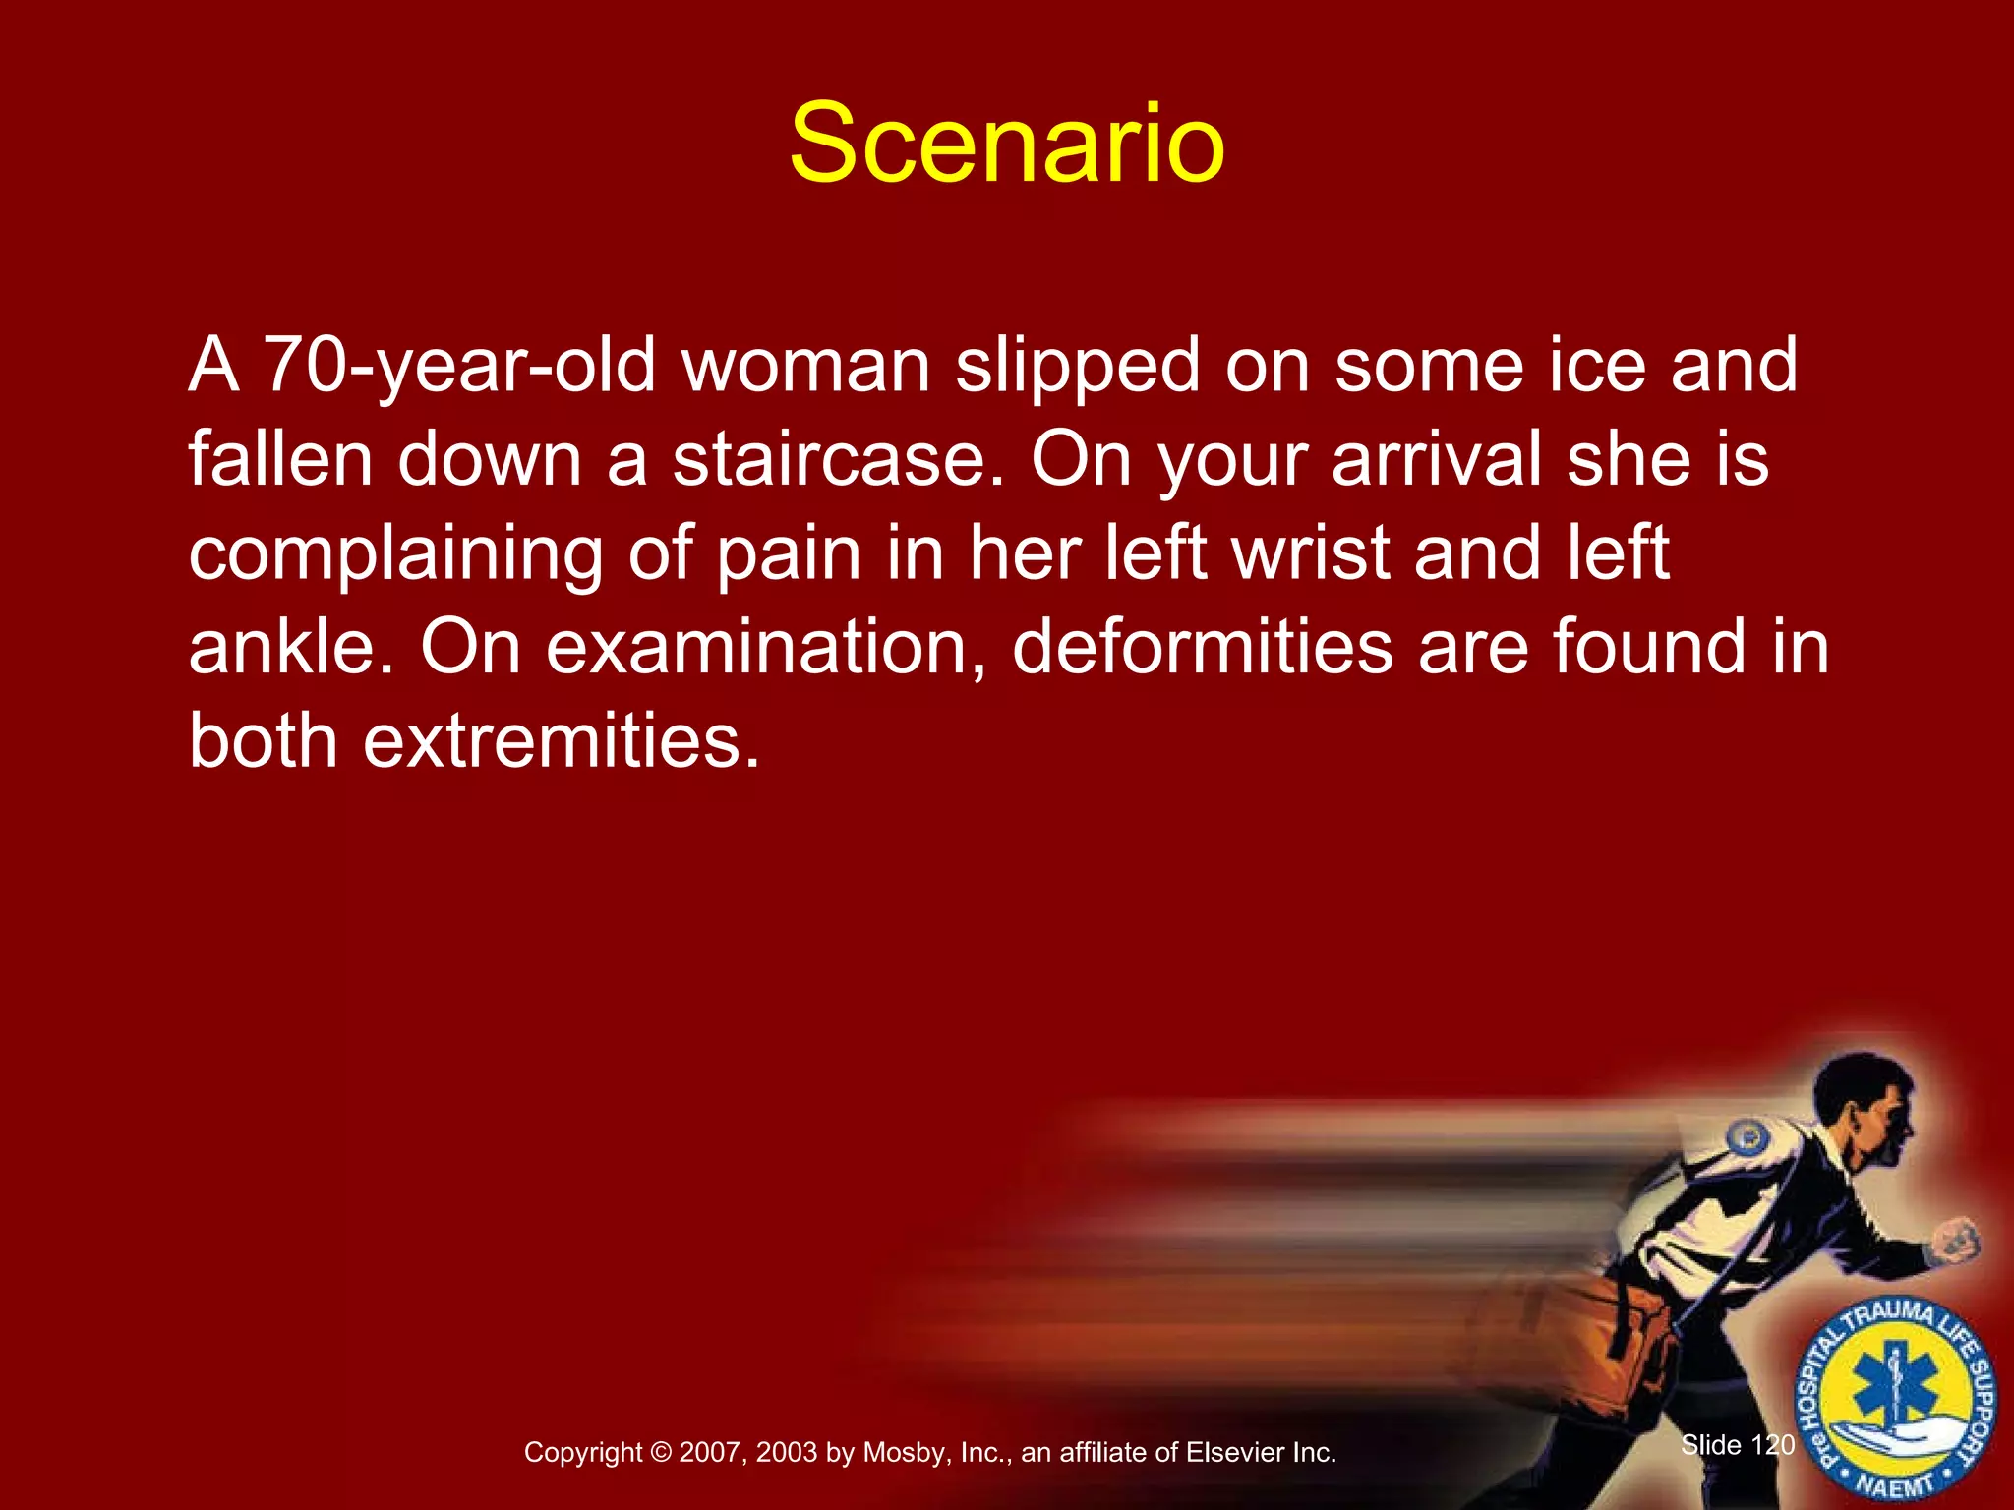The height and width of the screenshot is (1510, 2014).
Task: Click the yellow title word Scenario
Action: pyautogui.click(x=1006, y=145)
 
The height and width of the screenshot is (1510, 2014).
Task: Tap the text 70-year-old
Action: pyautogui.click(x=459, y=366)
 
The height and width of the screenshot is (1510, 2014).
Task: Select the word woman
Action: pyautogui.click(x=806, y=366)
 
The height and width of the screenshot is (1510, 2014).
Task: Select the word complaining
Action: pyautogui.click(x=395, y=554)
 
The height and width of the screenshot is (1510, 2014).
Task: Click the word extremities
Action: pyautogui.click(x=561, y=741)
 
